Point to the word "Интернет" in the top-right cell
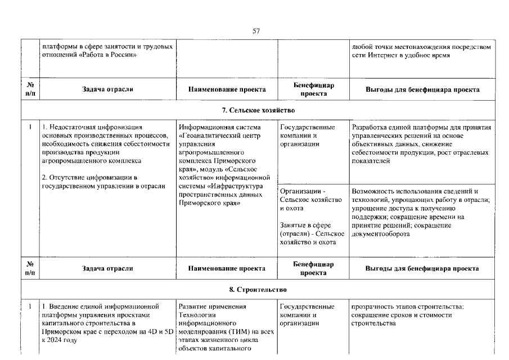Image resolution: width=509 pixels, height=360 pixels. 383,55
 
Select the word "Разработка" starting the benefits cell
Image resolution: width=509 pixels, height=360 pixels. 368,128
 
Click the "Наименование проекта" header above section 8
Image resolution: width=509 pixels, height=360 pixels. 227,269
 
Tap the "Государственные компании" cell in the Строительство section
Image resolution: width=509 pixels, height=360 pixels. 307,315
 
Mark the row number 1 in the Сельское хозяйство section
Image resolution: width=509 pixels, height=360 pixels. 29,127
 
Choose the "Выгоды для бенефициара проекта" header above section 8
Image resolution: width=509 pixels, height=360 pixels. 422,269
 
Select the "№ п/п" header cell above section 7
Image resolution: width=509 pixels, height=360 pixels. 29,89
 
